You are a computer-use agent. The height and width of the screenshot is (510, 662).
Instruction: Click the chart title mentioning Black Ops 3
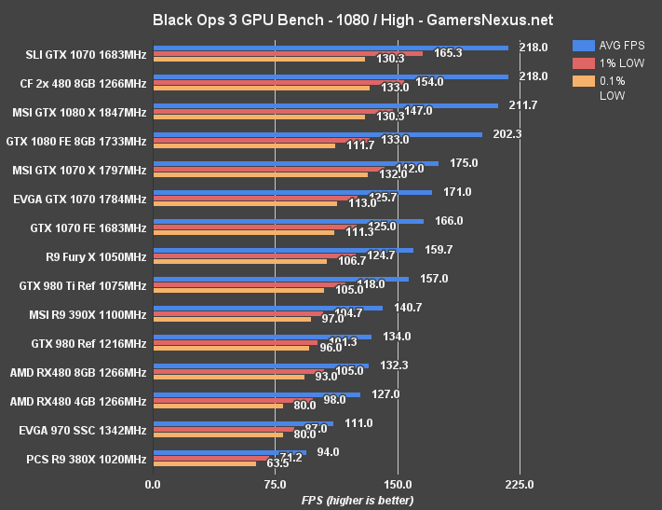click(x=331, y=19)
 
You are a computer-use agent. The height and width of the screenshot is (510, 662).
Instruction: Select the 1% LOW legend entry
click(x=610, y=62)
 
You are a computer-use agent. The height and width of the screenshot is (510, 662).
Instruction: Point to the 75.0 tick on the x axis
click(x=275, y=485)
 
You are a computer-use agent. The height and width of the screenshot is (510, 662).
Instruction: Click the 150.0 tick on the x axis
click(x=397, y=485)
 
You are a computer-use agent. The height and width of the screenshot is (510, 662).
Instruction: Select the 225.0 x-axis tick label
click(x=519, y=485)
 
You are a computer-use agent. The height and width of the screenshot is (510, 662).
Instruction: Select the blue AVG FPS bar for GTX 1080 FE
click(x=317, y=134)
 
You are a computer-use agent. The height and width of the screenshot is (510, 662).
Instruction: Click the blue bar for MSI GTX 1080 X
click(x=325, y=105)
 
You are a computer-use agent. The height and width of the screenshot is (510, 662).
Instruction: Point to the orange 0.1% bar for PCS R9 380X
click(x=204, y=463)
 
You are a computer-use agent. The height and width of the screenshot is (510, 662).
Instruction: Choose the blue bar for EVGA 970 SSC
click(x=242, y=423)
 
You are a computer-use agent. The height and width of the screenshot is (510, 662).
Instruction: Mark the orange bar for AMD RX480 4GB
click(x=217, y=406)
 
